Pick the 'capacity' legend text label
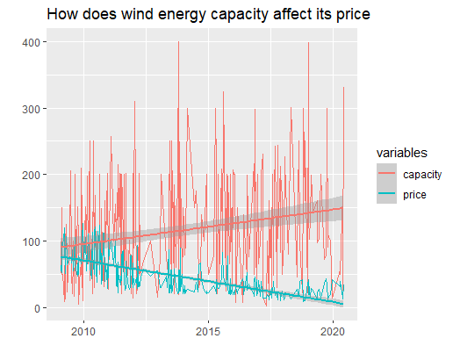click(422, 175)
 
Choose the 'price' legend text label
click(415, 195)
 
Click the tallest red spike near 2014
click(179, 41)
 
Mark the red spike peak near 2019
click(308, 43)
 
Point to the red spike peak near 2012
click(134, 101)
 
